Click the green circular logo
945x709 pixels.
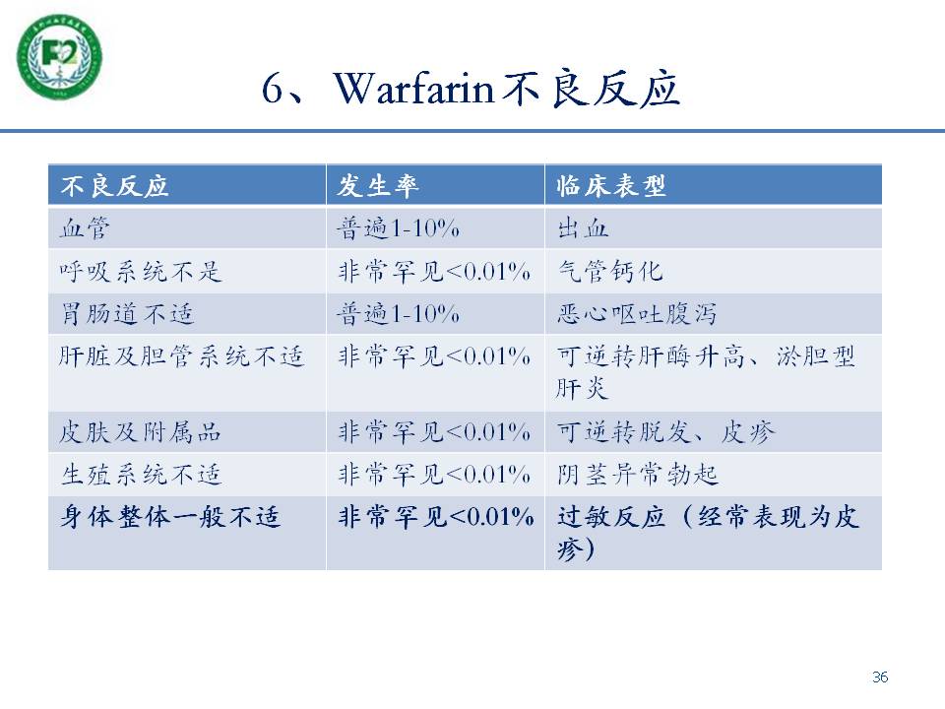pos(59,56)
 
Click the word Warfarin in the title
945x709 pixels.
pos(413,90)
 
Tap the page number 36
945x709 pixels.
pos(880,677)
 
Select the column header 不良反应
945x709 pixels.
pos(114,186)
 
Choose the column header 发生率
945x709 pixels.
pos(378,186)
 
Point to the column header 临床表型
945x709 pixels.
pos(611,186)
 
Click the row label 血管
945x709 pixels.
pos(85,228)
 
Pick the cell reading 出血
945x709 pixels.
pos(583,228)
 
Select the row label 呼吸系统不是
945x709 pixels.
pos(141,272)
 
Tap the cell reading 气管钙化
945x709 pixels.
pos(610,272)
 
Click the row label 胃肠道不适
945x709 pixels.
pos(127,314)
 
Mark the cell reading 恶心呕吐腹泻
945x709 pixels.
pos(637,314)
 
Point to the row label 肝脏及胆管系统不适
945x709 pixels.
pos(181,356)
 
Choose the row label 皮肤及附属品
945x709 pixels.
pos(141,432)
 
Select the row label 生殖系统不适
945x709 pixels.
pos(141,475)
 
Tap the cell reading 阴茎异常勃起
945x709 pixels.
pos(637,475)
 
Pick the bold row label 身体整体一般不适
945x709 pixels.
pos(170,517)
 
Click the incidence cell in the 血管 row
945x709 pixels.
pos(399,228)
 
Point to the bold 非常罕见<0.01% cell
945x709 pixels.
pos(436,517)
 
